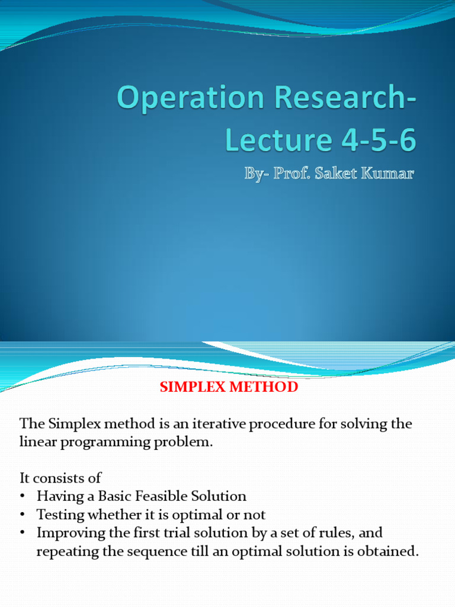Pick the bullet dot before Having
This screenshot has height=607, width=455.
click(x=23, y=497)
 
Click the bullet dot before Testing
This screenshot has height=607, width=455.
click(x=23, y=515)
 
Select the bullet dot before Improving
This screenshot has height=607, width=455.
click(x=23, y=533)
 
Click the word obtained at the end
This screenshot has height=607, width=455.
click(x=389, y=551)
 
